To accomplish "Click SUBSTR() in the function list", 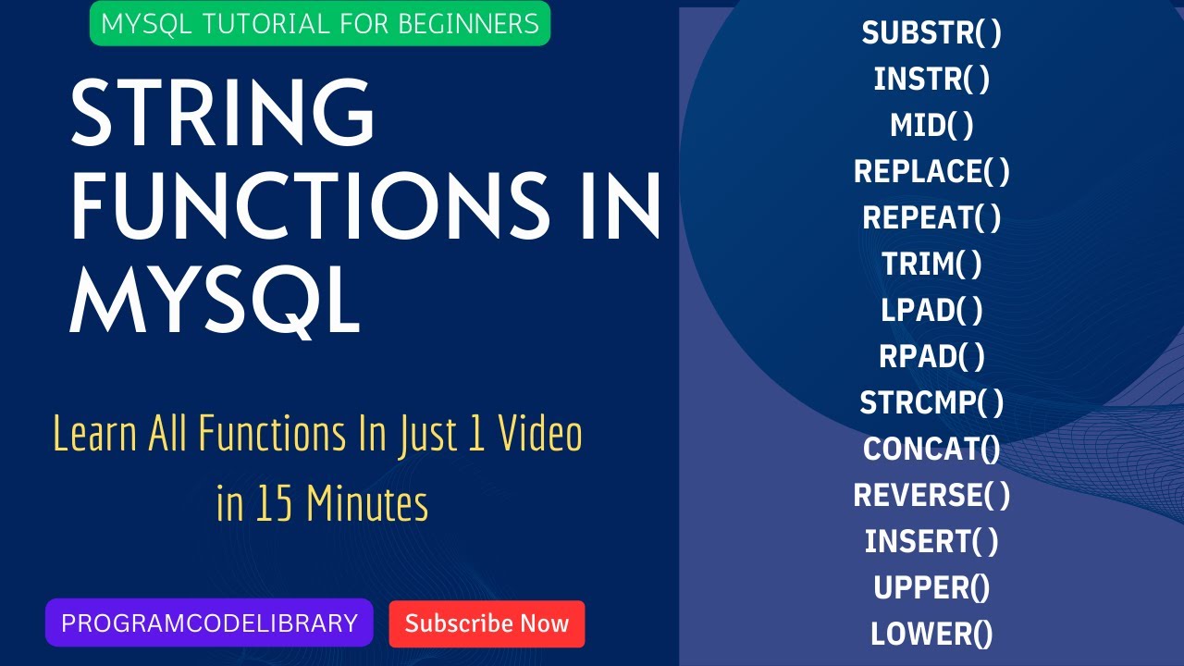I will (931, 33).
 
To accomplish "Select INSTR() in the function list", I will (931, 80).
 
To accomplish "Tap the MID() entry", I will (931, 126).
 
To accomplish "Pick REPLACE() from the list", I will (931, 172).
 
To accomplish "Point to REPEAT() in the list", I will (931, 218).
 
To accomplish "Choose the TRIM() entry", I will (931, 265).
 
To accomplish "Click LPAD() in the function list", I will (931, 311).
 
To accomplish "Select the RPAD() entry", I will (931, 357).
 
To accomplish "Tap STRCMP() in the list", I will (931, 403).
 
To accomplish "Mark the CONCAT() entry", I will (931, 450).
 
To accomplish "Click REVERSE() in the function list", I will (931, 496).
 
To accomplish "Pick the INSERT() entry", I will (931, 542).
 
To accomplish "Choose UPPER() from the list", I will (931, 588).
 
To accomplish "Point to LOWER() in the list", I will (931, 635).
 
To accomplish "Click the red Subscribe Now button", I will (487, 623).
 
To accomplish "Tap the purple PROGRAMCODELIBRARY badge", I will (209, 623).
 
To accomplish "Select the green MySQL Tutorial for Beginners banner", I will (319, 23).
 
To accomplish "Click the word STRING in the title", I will (223, 115).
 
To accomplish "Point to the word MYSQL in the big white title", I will (215, 301).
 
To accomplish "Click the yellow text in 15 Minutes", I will (322, 505).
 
